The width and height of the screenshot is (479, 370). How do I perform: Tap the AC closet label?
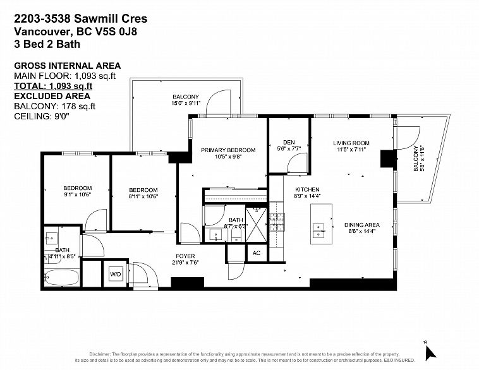(256, 253)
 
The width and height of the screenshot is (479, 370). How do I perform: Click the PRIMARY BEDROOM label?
(228, 150)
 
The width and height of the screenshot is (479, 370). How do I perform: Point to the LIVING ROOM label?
(351, 143)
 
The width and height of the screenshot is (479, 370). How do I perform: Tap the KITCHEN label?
(307, 189)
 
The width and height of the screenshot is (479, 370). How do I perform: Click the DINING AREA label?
(361, 225)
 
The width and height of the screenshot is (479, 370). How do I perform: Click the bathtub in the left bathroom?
(62, 277)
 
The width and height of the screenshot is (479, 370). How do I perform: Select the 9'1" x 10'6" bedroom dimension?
(77, 196)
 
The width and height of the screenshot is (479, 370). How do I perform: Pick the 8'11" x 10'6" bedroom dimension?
(143, 197)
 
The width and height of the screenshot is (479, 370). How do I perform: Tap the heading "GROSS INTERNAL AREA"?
(67, 66)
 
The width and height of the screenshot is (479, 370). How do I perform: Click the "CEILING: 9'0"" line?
(42, 116)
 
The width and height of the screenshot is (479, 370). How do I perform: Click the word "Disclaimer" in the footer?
(100, 355)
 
